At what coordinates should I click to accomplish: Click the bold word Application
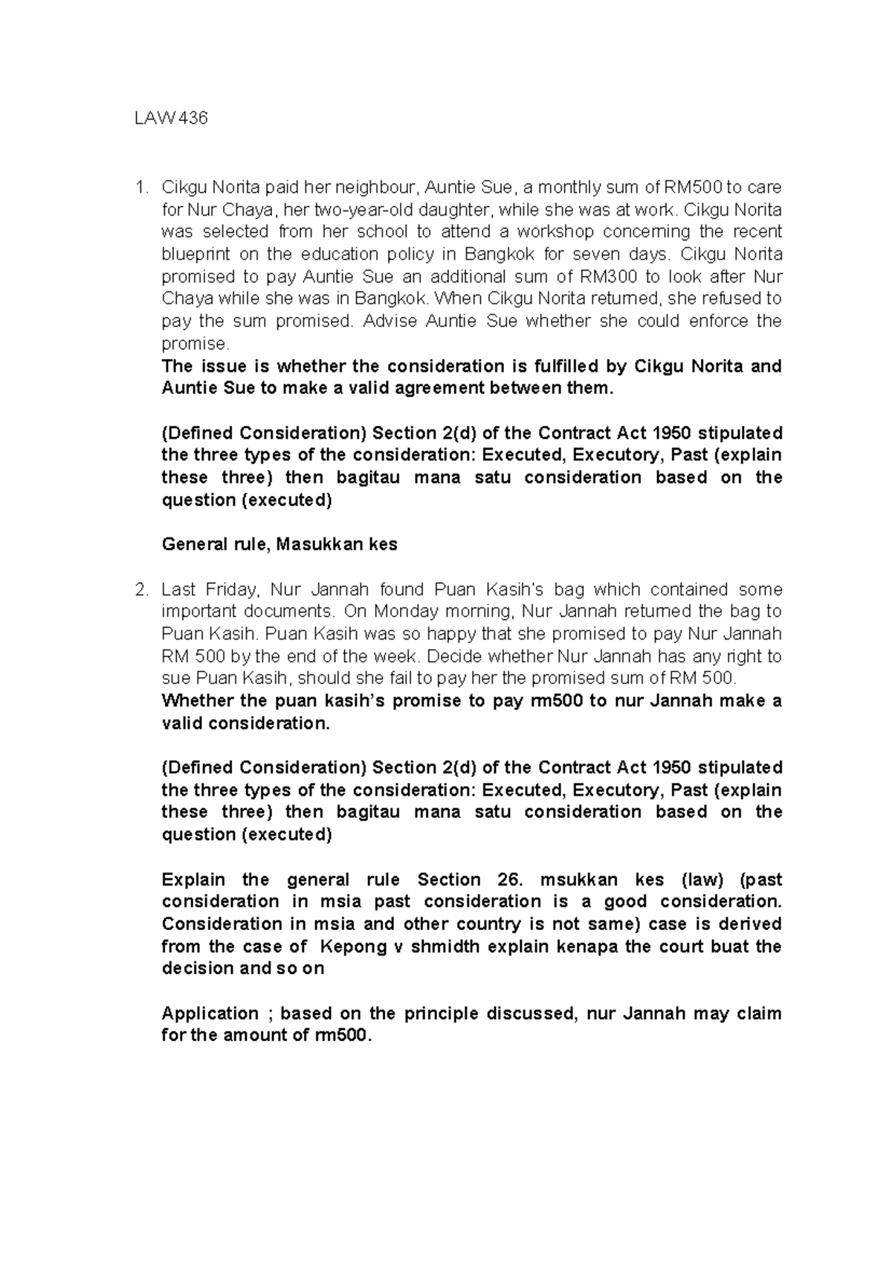point(210,1014)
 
